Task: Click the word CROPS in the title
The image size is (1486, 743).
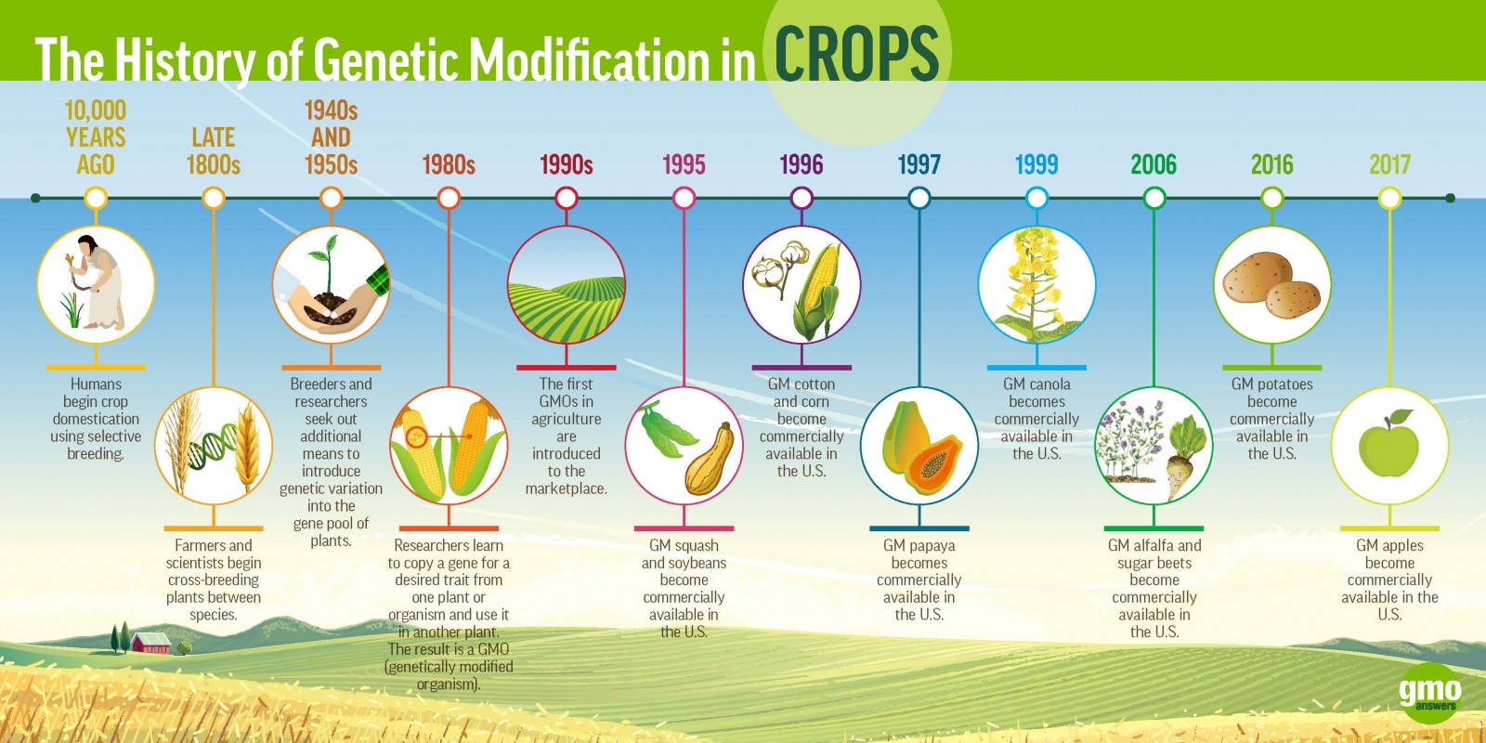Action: [x=856, y=54]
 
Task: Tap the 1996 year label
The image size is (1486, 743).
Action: [x=801, y=165]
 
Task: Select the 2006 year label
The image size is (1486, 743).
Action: [x=1154, y=165]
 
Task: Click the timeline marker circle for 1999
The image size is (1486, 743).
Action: [x=1036, y=198]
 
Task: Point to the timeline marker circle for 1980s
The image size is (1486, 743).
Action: [x=449, y=198]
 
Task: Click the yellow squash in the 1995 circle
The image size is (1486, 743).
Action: [x=710, y=462]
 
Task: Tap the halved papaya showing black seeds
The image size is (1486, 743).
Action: [x=934, y=464]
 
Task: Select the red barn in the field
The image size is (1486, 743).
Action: [x=150, y=642]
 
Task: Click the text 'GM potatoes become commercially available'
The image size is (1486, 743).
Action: [x=1271, y=418]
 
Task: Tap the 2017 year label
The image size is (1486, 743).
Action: [x=1389, y=165]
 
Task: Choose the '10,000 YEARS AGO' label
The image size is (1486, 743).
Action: [x=96, y=137]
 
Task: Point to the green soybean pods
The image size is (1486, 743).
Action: [x=667, y=429]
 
